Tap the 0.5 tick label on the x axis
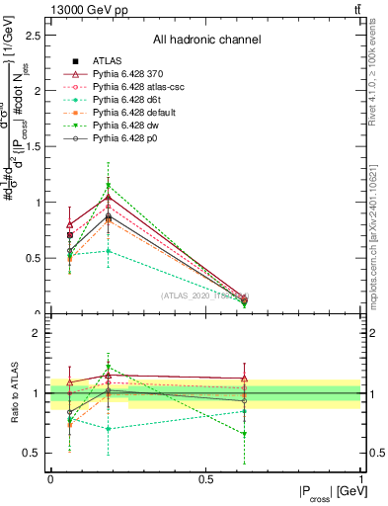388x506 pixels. pos(205,478)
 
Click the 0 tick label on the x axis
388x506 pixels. pos(50,478)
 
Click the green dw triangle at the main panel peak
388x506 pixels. pos(109,185)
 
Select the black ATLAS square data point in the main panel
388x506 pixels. pos(69,235)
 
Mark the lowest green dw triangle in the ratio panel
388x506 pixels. pos(244,434)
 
